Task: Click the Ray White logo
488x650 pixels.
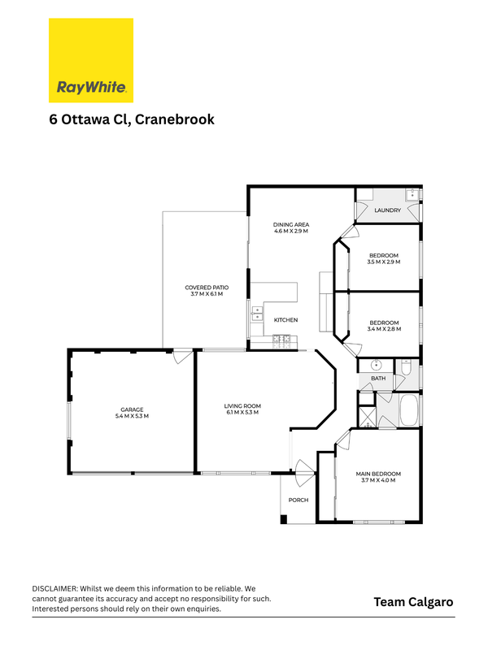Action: pos(91,60)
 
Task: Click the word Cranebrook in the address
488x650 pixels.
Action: pos(175,119)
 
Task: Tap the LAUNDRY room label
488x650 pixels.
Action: pos(388,210)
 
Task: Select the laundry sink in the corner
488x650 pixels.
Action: pos(412,194)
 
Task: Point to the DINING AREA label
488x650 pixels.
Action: pos(291,225)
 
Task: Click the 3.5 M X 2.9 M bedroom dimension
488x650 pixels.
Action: pos(384,262)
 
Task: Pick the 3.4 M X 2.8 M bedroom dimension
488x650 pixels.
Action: pos(384,329)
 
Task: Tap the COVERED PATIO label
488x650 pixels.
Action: pos(207,288)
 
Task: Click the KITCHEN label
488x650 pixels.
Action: pos(286,320)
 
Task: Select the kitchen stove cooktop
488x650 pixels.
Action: pos(281,341)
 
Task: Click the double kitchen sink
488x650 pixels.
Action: pos(257,314)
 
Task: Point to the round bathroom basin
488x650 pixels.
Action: pos(376,366)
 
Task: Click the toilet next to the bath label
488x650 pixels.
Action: pos(405,366)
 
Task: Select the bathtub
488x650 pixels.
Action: pos(410,410)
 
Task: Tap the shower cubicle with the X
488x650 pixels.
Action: pos(367,418)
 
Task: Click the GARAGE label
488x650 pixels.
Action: pos(132,409)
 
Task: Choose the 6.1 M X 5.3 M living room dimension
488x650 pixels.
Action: pos(242,413)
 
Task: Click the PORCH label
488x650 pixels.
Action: pos(298,500)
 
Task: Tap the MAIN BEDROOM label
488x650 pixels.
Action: pos(378,474)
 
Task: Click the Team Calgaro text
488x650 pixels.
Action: pos(413,602)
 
